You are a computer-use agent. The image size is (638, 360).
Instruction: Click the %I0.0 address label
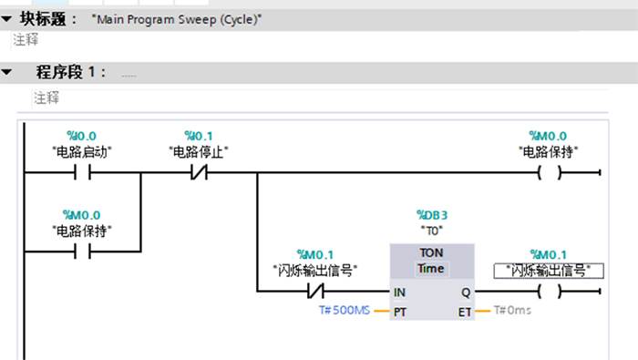pyautogui.click(x=81, y=136)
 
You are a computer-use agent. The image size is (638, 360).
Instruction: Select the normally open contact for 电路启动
pyautogui.click(x=82, y=172)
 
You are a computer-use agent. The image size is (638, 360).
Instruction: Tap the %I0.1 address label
pyautogui.click(x=199, y=136)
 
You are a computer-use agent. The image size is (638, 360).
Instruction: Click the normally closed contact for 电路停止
pyautogui.click(x=199, y=172)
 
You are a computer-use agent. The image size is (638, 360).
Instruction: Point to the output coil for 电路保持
pyautogui.click(x=550, y=172)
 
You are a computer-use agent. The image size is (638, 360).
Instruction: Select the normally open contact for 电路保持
pyautogui.click(x=82, y=252)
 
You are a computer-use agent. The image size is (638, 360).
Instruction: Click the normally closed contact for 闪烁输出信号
pyautogui.click(x=315, y=292)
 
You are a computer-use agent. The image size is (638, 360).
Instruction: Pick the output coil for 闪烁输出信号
pyautogui.click(x=550, y=292)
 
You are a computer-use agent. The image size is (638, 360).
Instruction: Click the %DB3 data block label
pyautogui.click(x=432, y=215)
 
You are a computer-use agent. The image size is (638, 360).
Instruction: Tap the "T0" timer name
pyautogui.click(x=432, y=231)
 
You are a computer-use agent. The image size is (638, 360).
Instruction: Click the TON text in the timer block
pyautogui.click(x=431, y=252)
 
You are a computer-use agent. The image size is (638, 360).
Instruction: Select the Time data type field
pyautogui.click(x=431, y=269)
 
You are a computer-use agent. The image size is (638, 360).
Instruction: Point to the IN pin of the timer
pyautogui.click(x=399, y=292)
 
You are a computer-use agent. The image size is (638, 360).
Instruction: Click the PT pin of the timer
pyautogui.click(x=400, y=312)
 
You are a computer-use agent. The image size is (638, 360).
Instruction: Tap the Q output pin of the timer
pyautogui.click(x=466, y=292)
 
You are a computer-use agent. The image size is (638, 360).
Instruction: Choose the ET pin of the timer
pyautogui.click(x=465, y=312)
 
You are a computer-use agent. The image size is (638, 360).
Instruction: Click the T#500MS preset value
pyautogui.click(x=345, y=311)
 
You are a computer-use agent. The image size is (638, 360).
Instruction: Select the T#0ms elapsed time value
pyautogui.click(x=512, y=311)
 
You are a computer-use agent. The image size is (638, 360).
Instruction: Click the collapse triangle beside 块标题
pyautogui.click(x=6, y=19)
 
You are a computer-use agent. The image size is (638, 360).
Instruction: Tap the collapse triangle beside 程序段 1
pyautogui.click(x=6, y=72)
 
